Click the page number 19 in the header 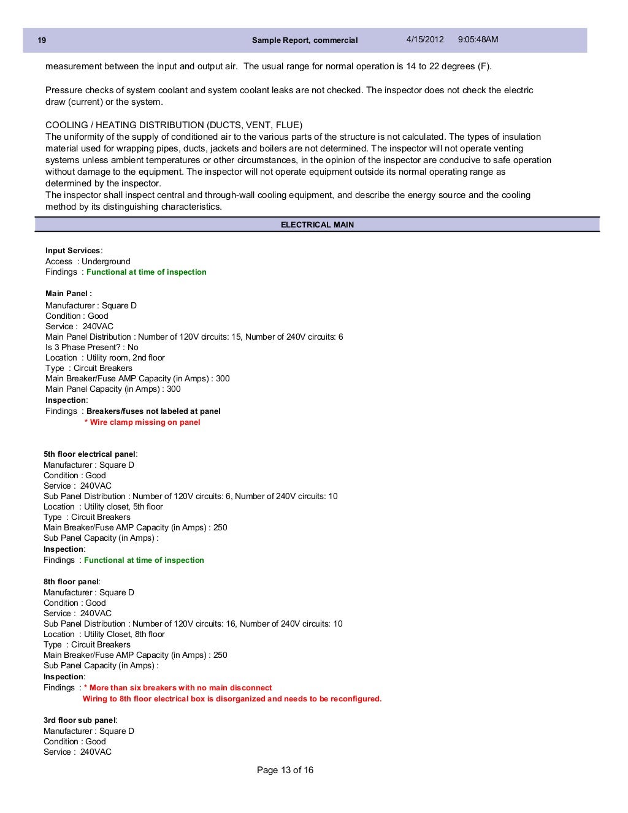(42, 40)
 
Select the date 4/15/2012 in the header (424, 40)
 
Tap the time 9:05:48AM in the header (478, 40)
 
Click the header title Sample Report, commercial (305, 40)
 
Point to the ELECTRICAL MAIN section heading (317, 225)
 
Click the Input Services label (73, 251)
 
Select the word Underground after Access (106, 261)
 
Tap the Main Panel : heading (69, 293)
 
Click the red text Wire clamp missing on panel (146, 422)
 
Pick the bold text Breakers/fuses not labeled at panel (153, 411)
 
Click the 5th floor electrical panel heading (90, 454)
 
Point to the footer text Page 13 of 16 (285, 770)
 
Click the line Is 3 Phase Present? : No (92, 347)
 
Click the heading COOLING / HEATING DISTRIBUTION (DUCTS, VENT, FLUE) (174, 125)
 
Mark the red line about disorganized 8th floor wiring (232, 699)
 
